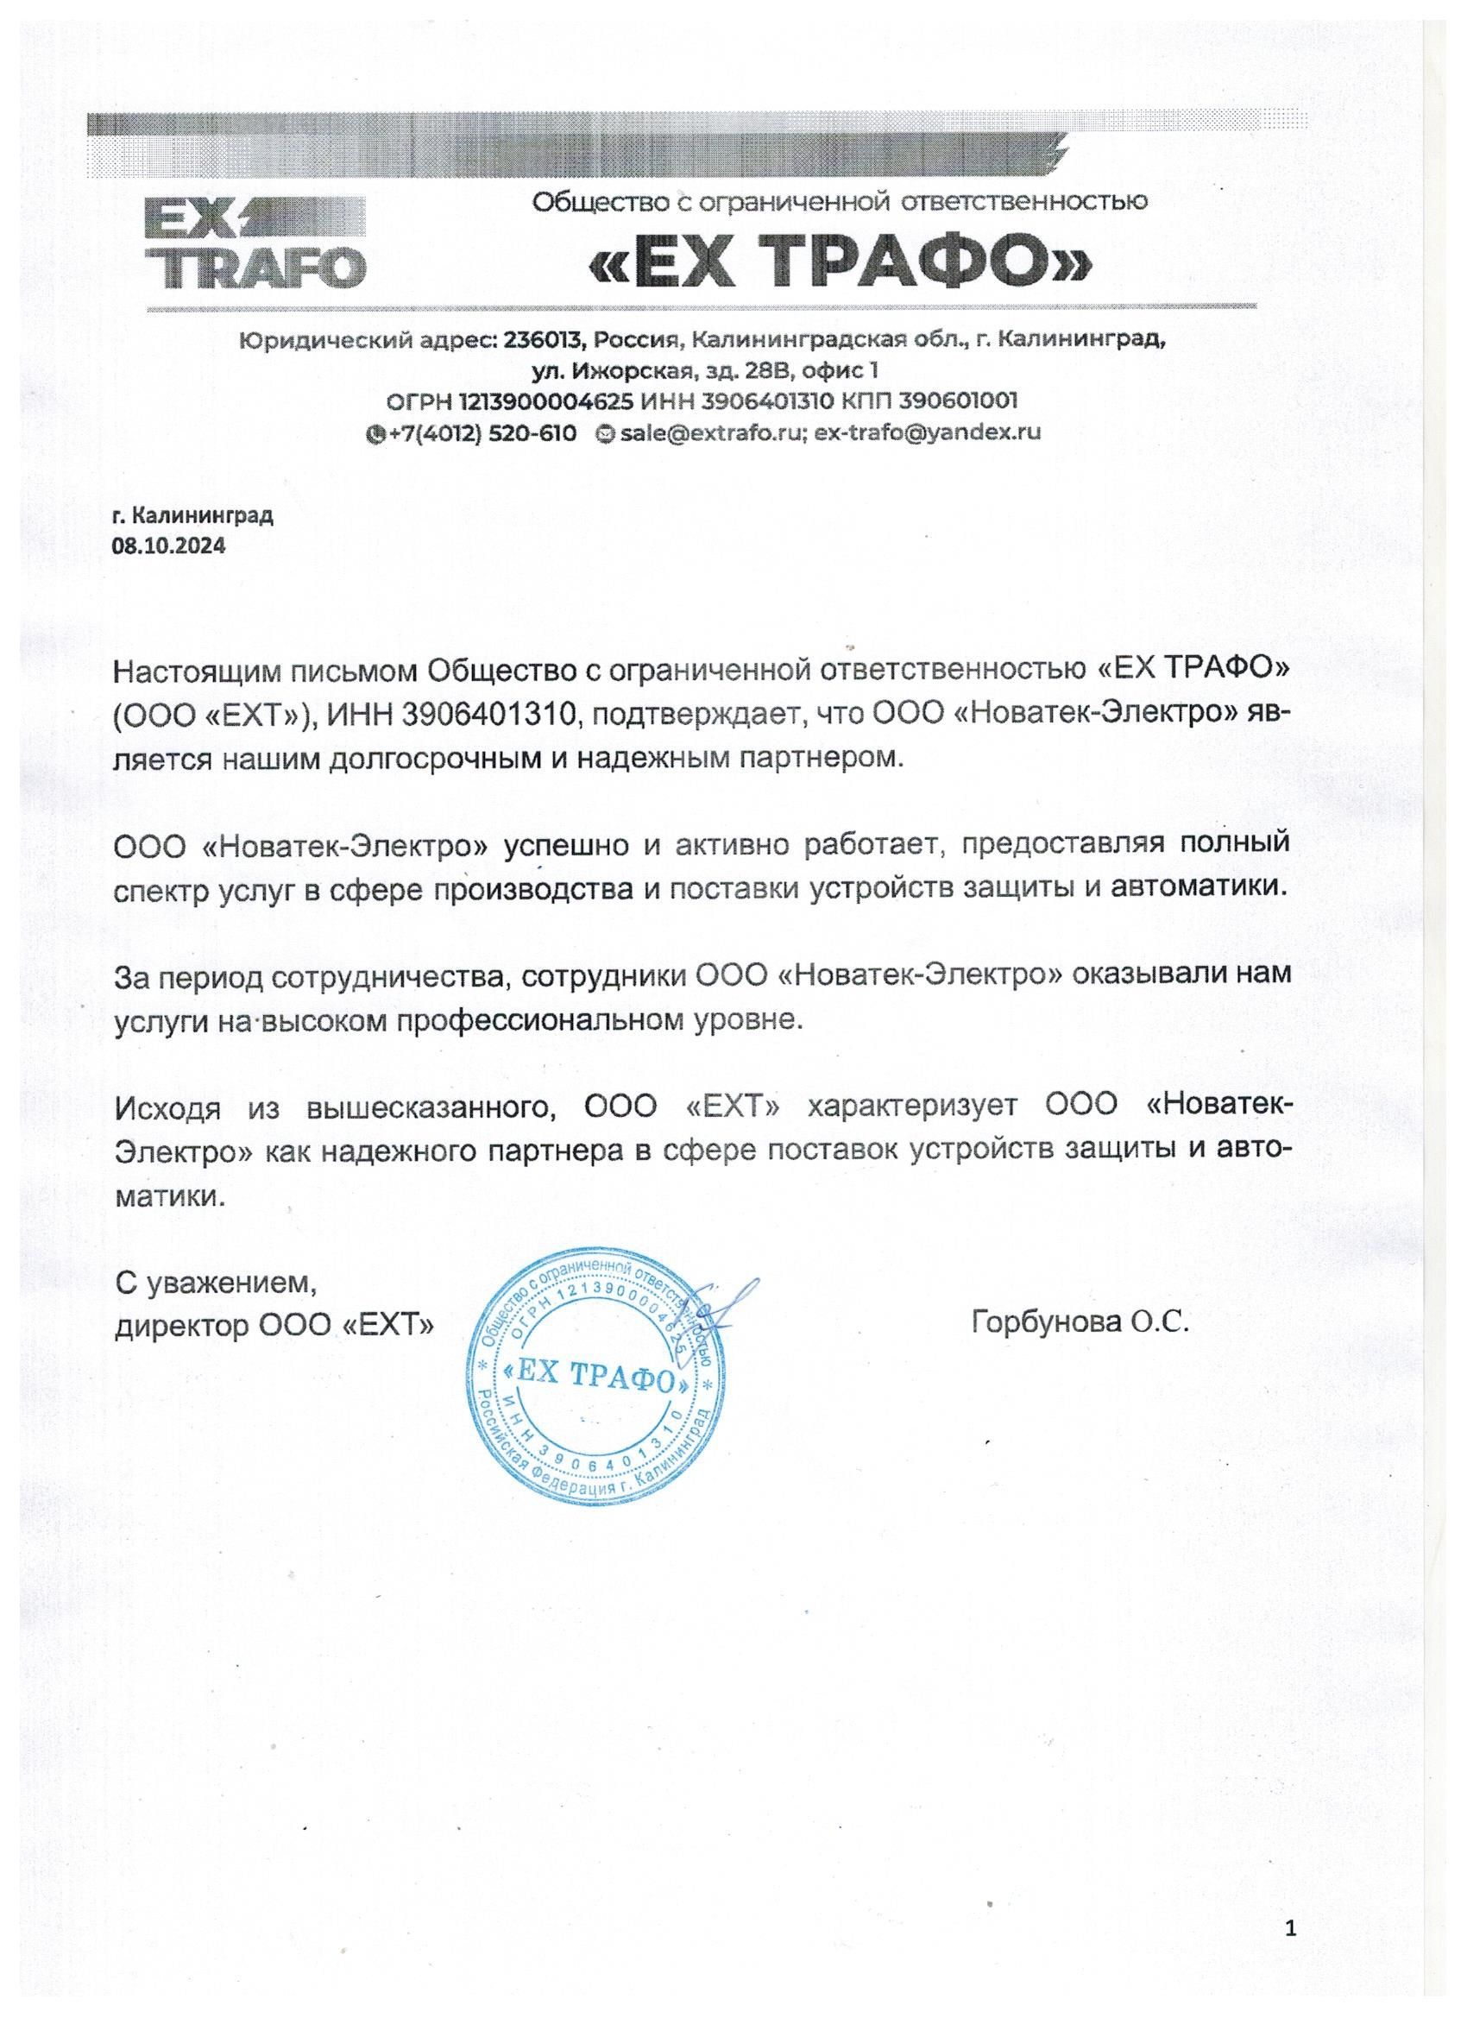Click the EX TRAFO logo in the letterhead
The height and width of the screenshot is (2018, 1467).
click(255, 243)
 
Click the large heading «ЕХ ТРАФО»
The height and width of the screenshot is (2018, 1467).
click(839, 261)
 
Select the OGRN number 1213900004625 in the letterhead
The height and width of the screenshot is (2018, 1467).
click(546, 400)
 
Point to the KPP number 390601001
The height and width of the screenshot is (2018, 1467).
click(958, 400)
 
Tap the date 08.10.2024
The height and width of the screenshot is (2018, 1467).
click(169, 545)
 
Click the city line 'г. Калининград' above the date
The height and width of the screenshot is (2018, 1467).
click(192, 515)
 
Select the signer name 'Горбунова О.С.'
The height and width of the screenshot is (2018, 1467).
click(1080, 1322)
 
